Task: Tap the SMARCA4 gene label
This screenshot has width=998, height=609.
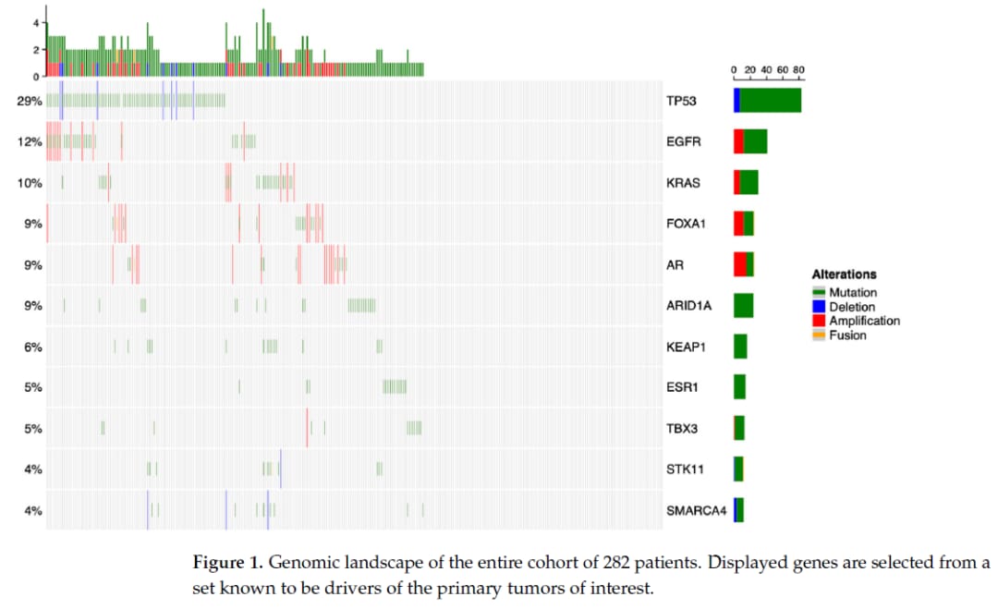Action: (x=690, y=510)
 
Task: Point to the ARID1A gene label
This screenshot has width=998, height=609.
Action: (x=688, y=306)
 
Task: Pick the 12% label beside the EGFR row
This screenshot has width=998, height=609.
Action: (x=30, y=142)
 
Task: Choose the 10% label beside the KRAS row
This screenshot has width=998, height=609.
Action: (x=30, y=183)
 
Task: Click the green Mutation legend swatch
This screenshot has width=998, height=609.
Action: (x=819, y=293)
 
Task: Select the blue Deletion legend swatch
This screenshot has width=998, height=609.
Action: (x=819, y=307)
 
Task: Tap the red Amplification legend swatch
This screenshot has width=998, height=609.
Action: (x=819, y=321)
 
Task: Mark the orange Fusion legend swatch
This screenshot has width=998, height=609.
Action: (x=819, y=335)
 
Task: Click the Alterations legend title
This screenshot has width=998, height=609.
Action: (x=844, y=274)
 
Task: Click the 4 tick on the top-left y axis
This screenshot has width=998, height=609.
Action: (x=35, y=21)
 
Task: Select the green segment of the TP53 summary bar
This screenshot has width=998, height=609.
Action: (x=771, y=100)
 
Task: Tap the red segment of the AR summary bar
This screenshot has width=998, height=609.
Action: (x=740, y=264)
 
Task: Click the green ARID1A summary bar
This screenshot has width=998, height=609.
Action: (x=743, y=305)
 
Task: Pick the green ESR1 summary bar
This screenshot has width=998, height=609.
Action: (x=739, y=387)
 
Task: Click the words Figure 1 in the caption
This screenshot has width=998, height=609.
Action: (x=223, y=564)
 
